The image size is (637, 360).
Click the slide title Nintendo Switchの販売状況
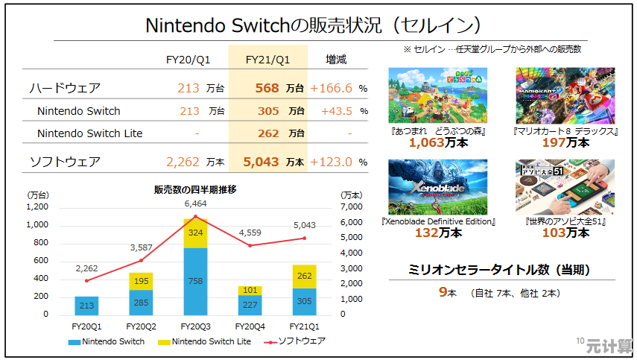pos(312,25)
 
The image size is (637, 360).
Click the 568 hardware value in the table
pos(267,88)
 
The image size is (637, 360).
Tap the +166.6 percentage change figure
pos(331,88)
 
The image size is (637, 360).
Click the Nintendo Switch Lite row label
pos(89,133)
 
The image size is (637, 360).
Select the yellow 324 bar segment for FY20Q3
pos(196,233)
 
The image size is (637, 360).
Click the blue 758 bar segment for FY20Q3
pos(196,281)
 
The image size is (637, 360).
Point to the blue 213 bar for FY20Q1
pos(86,306)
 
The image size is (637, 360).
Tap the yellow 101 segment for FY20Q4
pos(250,291)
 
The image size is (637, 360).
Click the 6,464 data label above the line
pos(196,203)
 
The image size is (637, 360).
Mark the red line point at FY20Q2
pos(142,260)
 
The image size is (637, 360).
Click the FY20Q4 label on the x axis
pos(250,326)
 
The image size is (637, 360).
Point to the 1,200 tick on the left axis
pos(37,206)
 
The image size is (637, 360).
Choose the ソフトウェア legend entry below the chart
pos(298,341)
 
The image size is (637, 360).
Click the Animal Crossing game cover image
pos(437,95)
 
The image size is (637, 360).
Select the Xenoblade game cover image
pos(437,187)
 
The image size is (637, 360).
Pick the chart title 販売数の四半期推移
pos(196,190)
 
